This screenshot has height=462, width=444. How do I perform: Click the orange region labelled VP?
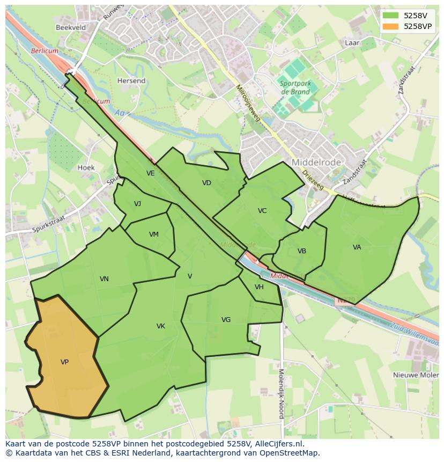(x=64, y=362)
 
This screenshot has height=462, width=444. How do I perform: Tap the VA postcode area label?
(x=357, y=247)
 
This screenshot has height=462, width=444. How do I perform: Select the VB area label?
(x=302, y=251)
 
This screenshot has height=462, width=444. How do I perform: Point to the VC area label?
(x=262, y=211)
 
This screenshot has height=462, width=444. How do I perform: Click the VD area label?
(x=206, y=183)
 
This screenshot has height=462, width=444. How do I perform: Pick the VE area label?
(x=151, y=173)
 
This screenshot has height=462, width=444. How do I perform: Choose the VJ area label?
(x=138, y=203)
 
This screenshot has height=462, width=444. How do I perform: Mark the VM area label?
(x=154, y=234)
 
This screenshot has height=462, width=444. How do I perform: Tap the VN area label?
(x=104, y=279)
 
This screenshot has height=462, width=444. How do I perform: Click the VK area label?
(x=161, y=326)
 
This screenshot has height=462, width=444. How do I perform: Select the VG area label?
(x=226, y=320)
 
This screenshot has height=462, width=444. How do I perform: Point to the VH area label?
(x=259, y=287)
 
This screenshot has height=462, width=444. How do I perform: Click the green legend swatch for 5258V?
(x=390, y=16)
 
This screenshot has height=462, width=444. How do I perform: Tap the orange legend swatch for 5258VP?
(x=390, y=26)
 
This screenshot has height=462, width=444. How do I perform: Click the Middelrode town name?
(x=313, y=162)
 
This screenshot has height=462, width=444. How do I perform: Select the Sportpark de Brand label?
(x=294, y=87)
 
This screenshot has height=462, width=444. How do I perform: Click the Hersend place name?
(x=131, y=81)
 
